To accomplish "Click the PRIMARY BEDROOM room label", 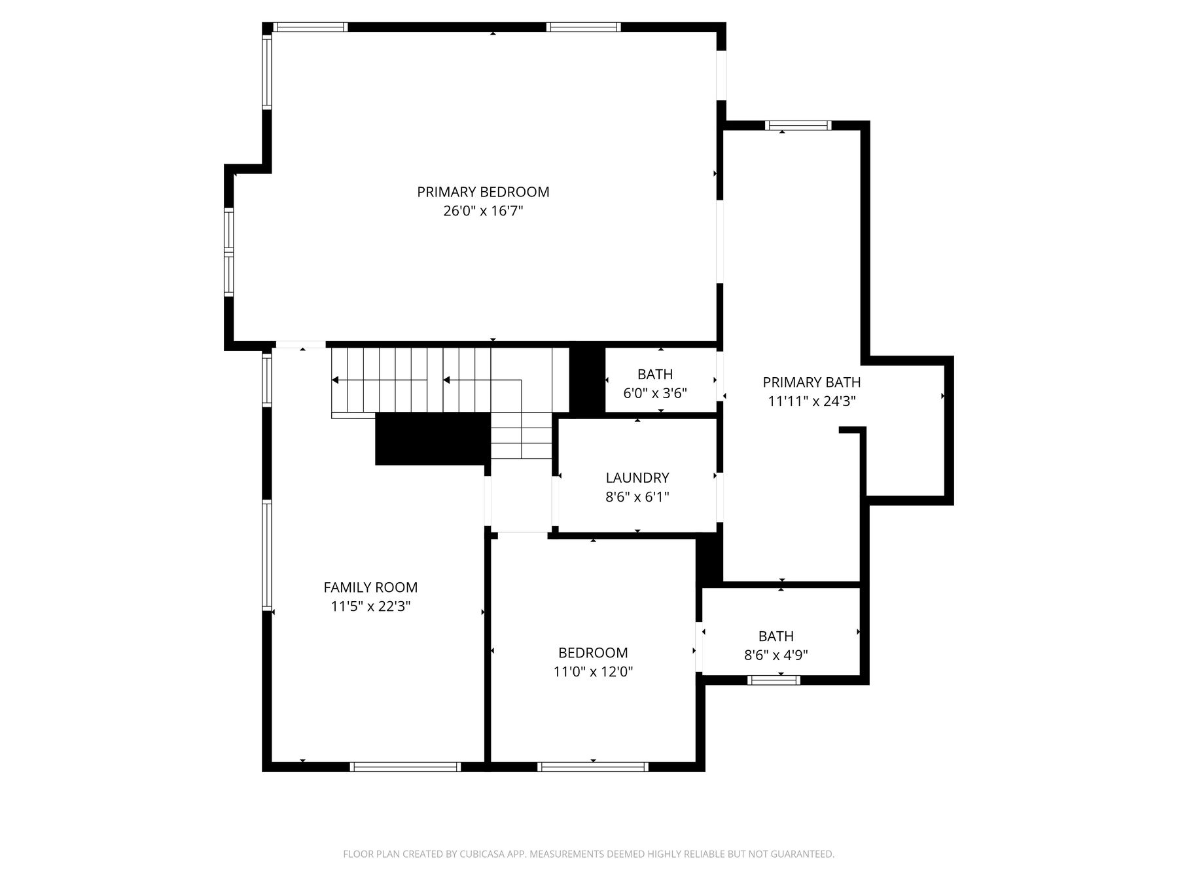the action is (483, 192).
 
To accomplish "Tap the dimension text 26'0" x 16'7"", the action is (483, 211).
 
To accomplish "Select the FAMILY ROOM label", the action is (370, 587).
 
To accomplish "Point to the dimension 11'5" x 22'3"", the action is (370, 606).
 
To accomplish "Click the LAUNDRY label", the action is (637, 478).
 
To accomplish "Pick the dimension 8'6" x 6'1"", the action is (637, 497).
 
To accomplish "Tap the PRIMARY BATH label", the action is (812, 382).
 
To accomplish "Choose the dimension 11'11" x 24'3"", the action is (812, 401).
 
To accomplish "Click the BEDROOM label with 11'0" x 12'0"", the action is (593, 653).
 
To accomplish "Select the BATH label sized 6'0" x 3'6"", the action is (655, 375).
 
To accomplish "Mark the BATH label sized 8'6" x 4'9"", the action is (776, 636).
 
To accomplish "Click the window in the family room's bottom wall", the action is (405, 767).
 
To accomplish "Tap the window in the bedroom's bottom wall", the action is (593, 767).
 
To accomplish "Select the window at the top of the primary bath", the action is (798, 126).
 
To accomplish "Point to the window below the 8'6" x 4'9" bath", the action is (774, 680).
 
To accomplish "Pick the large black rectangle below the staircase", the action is (433, 439).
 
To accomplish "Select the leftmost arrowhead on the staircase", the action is (335, 380).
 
